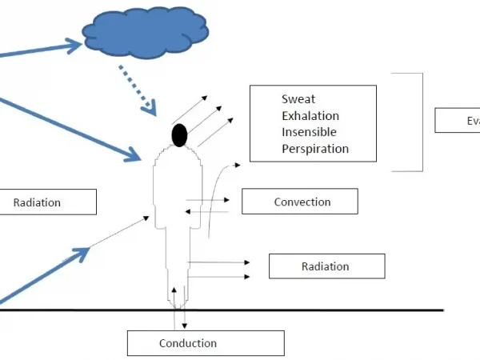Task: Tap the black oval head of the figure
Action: coord(178,135)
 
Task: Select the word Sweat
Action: coord(298,99)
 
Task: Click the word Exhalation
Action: coord(310,116)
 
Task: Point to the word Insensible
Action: coord(309,132)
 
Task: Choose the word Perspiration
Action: coord(315,149)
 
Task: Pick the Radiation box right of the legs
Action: coord(326,266)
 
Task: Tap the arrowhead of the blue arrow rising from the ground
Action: coord(81,255)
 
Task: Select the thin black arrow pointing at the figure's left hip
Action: coord(120,231)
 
